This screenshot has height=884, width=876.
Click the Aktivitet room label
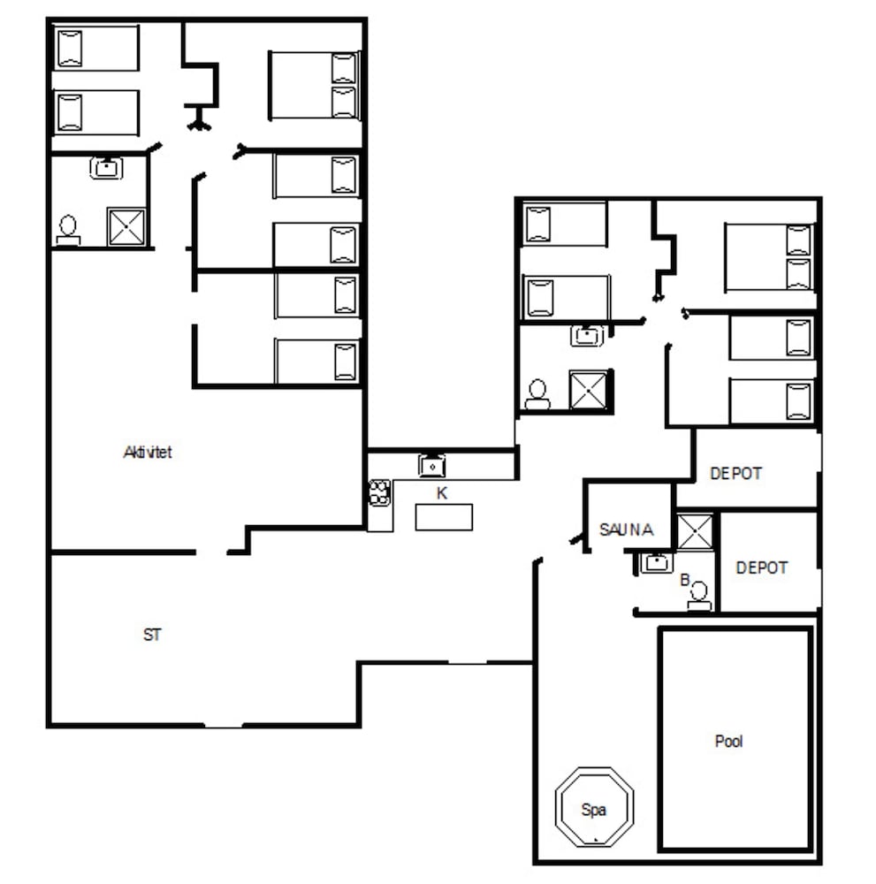pos(147,453)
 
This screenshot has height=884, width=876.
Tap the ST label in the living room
pos(152,635)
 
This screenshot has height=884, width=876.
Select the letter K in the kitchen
pos(442,493)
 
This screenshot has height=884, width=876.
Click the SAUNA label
pos(626,530)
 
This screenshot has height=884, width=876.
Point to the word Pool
pos(728,742)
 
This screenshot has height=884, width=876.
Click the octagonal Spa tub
pos(594,806)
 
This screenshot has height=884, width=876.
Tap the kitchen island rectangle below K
pos(444,517)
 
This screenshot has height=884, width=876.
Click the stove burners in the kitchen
pos(380,492)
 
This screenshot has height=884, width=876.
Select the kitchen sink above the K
pos(431,464)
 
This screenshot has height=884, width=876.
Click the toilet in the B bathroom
pos(700,596)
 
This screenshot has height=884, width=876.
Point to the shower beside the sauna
pos(696,531)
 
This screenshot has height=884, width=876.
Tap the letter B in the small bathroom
pos(684,580)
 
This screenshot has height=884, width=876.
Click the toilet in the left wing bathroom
pos(68,230)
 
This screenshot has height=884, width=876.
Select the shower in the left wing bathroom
pos(126,226)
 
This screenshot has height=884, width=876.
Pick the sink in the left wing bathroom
pos(106,167)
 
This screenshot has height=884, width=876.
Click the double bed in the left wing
pos(314,85)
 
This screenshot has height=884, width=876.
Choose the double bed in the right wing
pos(769,256)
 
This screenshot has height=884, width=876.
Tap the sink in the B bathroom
pos(657,562)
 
